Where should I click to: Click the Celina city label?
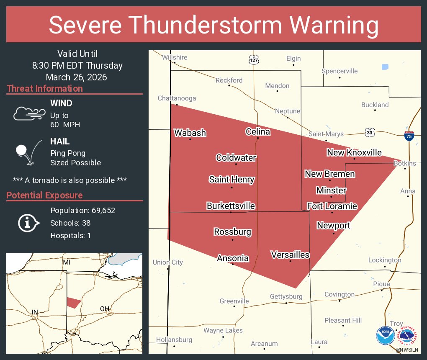(257, 132)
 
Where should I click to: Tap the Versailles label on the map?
(290, 255)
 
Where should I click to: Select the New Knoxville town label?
(354, 152)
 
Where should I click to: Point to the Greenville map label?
(234, 301)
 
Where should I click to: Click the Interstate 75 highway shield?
(409, 136)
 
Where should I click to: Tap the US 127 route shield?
(254, 59)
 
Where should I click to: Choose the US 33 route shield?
(369, 131)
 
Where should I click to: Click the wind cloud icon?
(28, 113)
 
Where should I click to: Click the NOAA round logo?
(385, 336)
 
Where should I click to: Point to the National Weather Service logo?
(408, 337)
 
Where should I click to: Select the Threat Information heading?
(45, 88)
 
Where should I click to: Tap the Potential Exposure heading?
(44, 195)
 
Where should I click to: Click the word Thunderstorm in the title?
(215, 25)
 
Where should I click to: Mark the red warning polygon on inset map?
(74, 302)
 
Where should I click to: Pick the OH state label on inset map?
(104, 309)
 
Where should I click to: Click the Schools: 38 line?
(70, 223)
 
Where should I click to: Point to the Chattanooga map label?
(177, 98)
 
